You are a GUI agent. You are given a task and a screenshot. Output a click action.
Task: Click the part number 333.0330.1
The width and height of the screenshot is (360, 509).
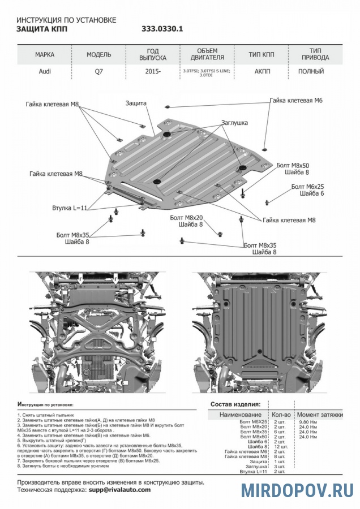point(162,29)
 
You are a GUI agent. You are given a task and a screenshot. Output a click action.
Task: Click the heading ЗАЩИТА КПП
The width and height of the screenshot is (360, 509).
point(41,29)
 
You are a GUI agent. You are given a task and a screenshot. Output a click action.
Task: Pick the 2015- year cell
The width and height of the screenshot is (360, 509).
point(152,72)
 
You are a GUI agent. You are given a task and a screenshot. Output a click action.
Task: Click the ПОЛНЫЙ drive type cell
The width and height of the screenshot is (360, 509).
point(311,72)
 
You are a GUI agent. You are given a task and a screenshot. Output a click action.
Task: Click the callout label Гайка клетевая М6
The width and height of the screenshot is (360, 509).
point(296,100)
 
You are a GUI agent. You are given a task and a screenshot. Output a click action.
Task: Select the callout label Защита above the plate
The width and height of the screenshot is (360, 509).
point(136,103)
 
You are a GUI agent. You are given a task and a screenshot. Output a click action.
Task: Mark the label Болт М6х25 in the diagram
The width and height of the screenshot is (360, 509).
point(308,186)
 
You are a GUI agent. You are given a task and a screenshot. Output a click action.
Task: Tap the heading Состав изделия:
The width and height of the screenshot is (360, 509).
point(235,404)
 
